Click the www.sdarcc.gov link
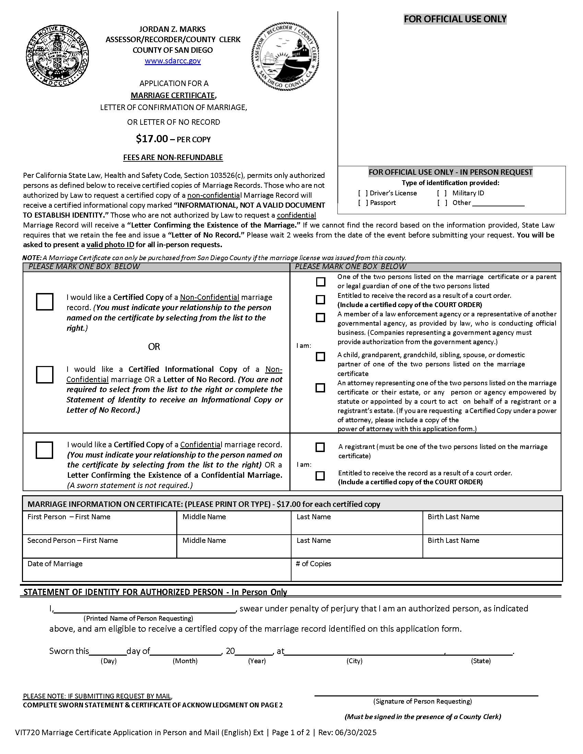click(x=173, y=61)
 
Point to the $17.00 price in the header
click(x=152, y=139)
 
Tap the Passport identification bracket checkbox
click(x=362, y=203)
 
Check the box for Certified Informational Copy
click(x=45, y=375)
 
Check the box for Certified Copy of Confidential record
click(x=45, y=450)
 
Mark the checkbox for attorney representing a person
click(x=321, y=388)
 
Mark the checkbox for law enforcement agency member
click(x=321, y=317)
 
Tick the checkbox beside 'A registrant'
click(x=320, y=447)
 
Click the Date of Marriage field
click(x=156, y=573)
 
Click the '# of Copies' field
click(x=427, y=573)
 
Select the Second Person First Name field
click(x=99, y=550)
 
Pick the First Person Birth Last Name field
click(x=492, y=526)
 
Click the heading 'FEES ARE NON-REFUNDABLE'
click(x=173, y=157)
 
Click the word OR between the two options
click(x=154, y=346)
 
